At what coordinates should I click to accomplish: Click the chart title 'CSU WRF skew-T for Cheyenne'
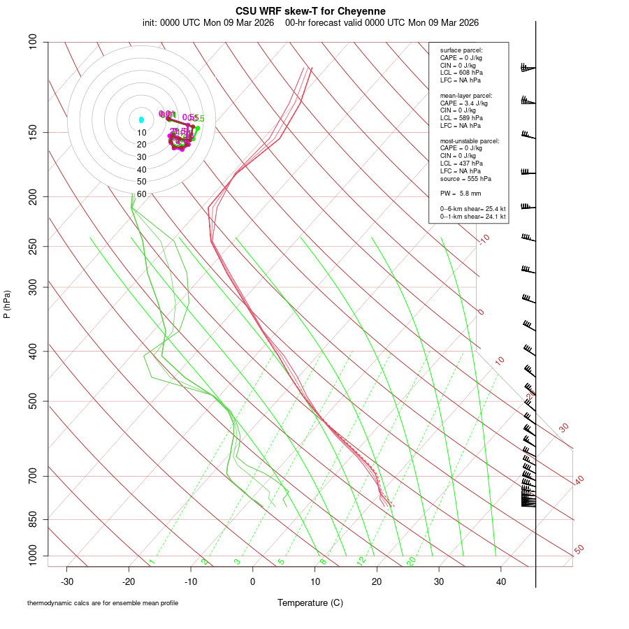pos(310,11)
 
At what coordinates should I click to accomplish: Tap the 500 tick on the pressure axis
pos(33,401)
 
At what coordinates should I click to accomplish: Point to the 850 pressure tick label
pos(33,519)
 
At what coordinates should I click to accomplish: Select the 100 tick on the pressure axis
pos(33,42)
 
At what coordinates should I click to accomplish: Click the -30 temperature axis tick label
pos(67,581)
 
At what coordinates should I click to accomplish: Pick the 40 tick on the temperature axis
pos(501,581)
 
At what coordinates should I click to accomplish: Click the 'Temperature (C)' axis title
pos(310,602)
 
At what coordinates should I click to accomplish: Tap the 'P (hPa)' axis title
pos(7,304)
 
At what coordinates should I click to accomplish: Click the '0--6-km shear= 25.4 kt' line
pos(472,209)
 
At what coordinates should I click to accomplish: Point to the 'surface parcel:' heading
pos(461,50)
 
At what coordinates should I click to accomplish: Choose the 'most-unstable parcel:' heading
pos(470,140)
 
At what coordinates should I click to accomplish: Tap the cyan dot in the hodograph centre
pos(141,120)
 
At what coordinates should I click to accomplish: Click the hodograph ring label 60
pos(141,194)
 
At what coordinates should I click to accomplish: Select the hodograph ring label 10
pos(141,133)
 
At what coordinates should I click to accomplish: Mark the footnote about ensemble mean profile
pos(103,603)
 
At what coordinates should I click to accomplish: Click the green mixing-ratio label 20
pos(411,561)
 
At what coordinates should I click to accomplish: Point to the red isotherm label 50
pos(579,550)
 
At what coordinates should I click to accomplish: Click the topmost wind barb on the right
pos(528,68)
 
